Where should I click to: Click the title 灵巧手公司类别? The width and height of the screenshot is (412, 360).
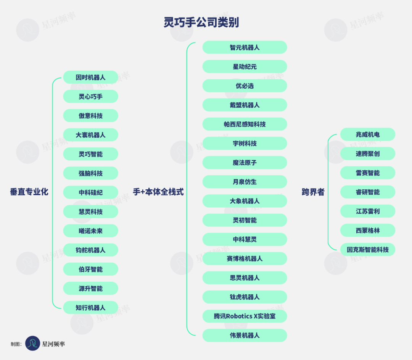click(201, 23)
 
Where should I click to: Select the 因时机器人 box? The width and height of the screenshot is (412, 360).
click(90, 77)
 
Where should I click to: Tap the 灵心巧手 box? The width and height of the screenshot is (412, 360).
click(90, 97)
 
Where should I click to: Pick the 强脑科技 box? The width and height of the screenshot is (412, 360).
click(90, 173)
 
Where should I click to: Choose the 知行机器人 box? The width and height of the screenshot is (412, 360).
click(90, 308)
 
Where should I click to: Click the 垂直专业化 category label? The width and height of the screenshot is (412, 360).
click(29, 192)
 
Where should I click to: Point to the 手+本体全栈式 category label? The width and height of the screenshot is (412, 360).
click(158, 192)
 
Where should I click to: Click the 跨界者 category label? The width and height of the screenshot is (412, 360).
click(313, 192)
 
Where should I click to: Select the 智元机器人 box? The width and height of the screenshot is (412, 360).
click(245, 47)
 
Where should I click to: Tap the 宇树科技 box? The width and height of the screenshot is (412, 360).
click(245, 144)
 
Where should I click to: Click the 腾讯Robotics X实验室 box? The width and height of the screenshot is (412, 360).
click(245, 316)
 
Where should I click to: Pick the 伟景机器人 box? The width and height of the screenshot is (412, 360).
click(245, 336)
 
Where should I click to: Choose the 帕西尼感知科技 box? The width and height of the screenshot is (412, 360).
click(245, 124)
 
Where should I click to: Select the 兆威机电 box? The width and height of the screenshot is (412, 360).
click(367, 134)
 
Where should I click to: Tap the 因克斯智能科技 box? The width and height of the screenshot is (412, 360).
click(367, 250)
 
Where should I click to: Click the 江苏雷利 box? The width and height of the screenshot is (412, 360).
click(367, 211)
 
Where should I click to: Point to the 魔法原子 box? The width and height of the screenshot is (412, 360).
click(245, 163)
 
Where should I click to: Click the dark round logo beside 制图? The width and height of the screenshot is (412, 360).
click(33, 343)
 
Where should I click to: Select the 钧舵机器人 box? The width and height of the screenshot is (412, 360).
click(90, 250)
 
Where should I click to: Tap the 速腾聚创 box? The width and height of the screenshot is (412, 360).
click(367, 154)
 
